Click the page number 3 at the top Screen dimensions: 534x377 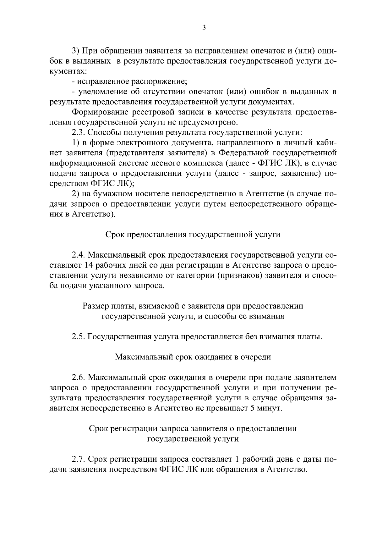[x=204, y=28]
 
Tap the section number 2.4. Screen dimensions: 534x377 [x=79, y=255]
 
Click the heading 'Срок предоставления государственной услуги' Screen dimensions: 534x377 [x=193, y=235]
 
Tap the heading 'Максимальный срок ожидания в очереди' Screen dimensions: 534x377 [x=193, y=357]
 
